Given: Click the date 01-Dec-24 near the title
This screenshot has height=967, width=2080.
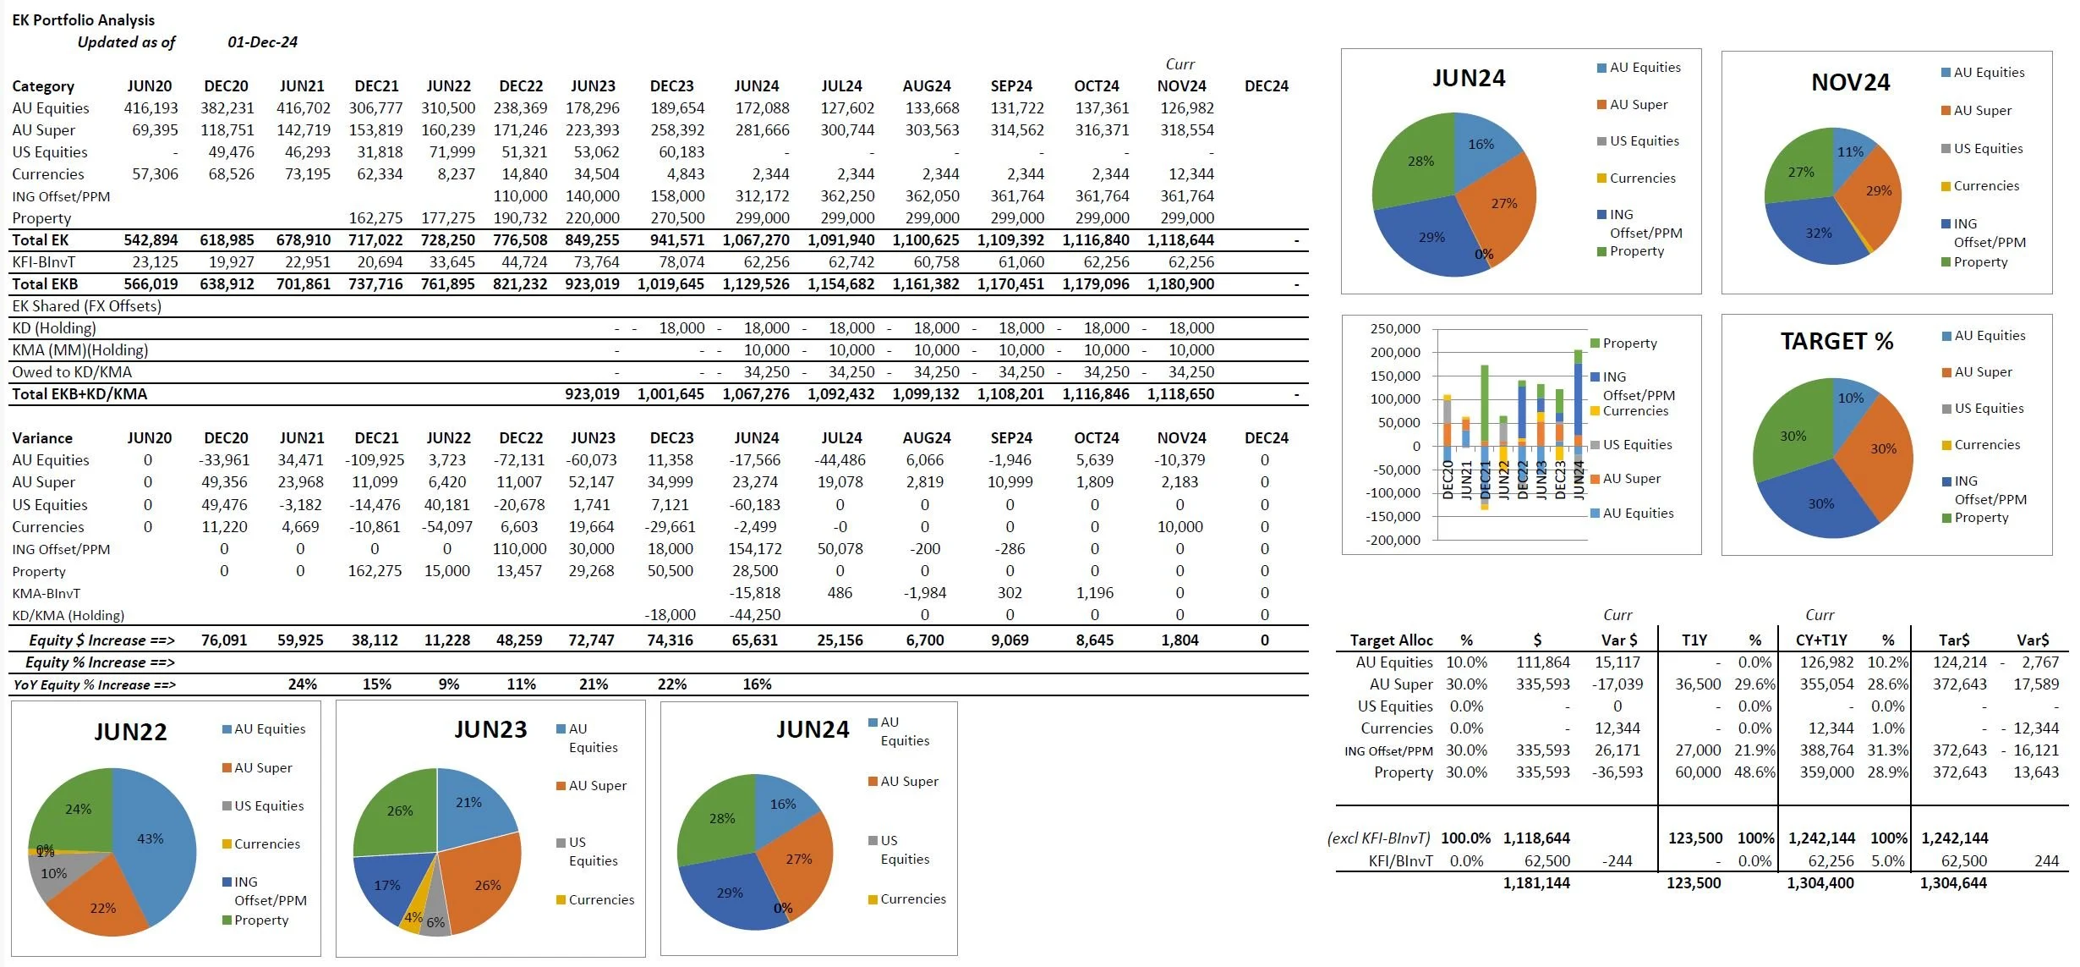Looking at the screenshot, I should (262, 42).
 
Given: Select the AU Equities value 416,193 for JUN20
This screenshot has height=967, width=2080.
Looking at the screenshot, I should (151, 108).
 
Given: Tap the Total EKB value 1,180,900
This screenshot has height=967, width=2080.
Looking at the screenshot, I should (1180, 284).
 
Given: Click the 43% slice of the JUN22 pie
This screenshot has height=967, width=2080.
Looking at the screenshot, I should (151, 838).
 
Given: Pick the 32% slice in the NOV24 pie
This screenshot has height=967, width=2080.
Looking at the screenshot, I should (1819, 234).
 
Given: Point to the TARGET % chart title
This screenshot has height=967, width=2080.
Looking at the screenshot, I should (1836, 341).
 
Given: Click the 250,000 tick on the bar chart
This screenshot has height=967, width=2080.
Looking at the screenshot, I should (1395, 329).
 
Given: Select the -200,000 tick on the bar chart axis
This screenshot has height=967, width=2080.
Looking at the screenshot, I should (1393, 540).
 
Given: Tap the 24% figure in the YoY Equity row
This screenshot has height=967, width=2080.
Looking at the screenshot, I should (302, 684).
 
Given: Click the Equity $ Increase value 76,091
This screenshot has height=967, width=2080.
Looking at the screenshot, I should (224, 640).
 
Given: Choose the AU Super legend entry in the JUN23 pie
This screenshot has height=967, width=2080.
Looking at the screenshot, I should (597, 786).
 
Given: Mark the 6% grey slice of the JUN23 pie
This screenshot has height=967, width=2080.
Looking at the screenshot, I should (435, 922).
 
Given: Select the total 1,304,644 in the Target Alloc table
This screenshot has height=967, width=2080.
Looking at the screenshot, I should (1953, 883).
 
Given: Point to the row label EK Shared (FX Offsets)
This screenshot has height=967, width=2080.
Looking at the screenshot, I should (86, 306).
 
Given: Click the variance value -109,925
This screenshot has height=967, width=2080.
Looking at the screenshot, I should (375, 460).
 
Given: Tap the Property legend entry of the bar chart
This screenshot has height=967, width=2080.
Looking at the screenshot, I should (1629, 343).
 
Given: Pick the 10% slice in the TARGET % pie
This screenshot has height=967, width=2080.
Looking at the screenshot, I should (1850, 398).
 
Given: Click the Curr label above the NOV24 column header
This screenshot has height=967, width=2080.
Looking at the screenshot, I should (1180, 64).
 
